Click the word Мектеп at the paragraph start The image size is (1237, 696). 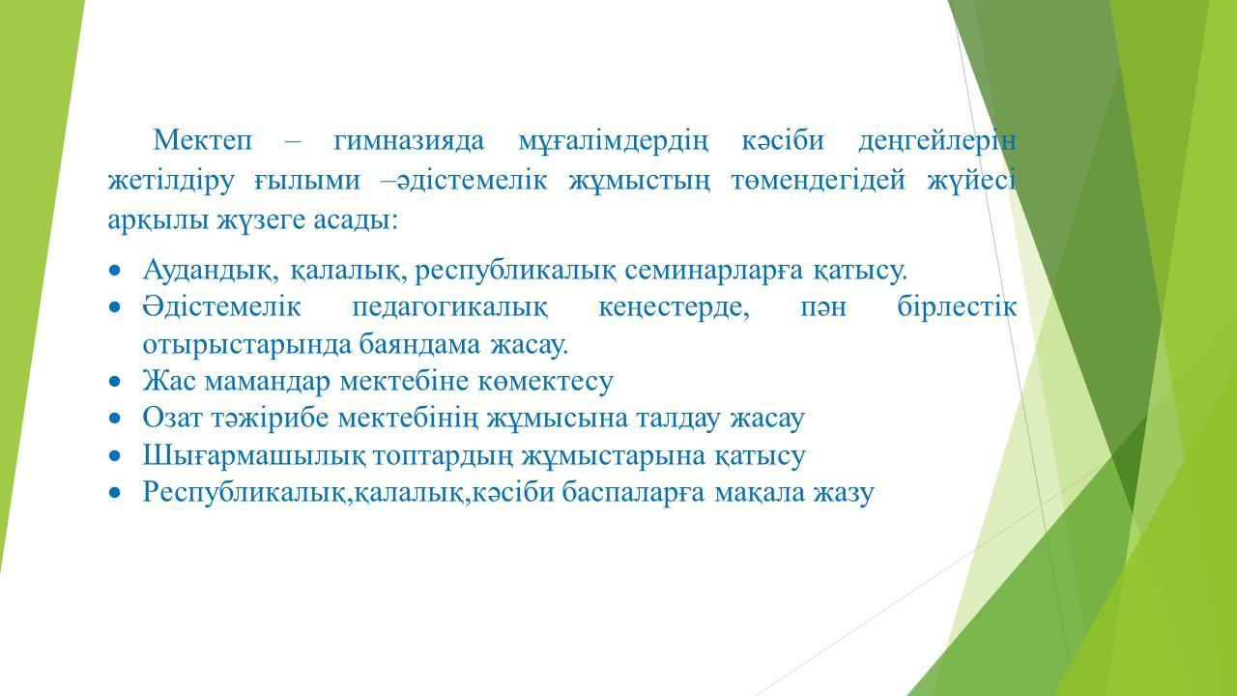(203, 140)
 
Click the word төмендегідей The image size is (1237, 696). (819, 181)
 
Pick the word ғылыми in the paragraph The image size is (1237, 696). (307, 181)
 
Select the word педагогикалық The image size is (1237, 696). (450, 308)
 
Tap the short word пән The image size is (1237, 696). (823, 308)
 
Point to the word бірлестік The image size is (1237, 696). (957, 306)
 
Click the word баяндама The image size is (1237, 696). (420, 345)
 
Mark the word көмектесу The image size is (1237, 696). (545, 382)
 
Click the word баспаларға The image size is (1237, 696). (633, 493)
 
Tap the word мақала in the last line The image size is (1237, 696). (760, 493)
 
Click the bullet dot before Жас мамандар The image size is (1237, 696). (114, 382)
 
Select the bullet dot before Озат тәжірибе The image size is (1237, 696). (114, 419)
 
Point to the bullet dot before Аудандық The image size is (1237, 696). (114, 272)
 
